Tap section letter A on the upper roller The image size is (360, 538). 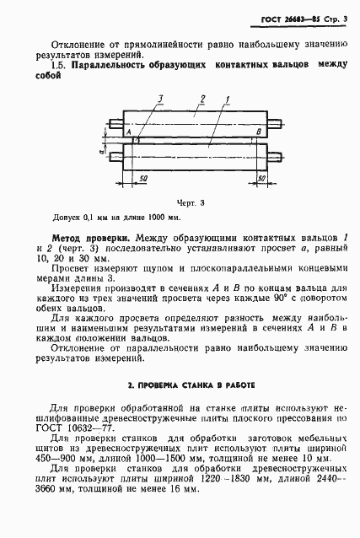127,132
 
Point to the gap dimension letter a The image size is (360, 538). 102,155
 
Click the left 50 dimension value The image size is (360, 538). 142,180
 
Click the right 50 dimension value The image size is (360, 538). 261,180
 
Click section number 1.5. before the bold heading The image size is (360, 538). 57,64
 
